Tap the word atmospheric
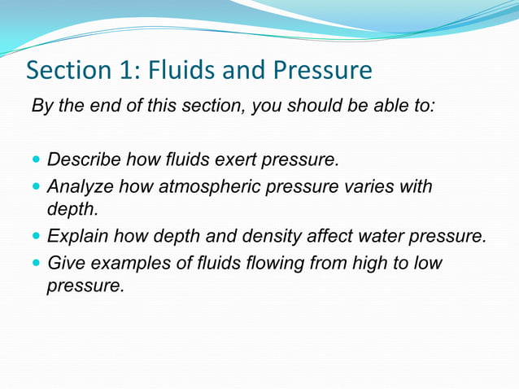210,187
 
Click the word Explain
78,237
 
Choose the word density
268,237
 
